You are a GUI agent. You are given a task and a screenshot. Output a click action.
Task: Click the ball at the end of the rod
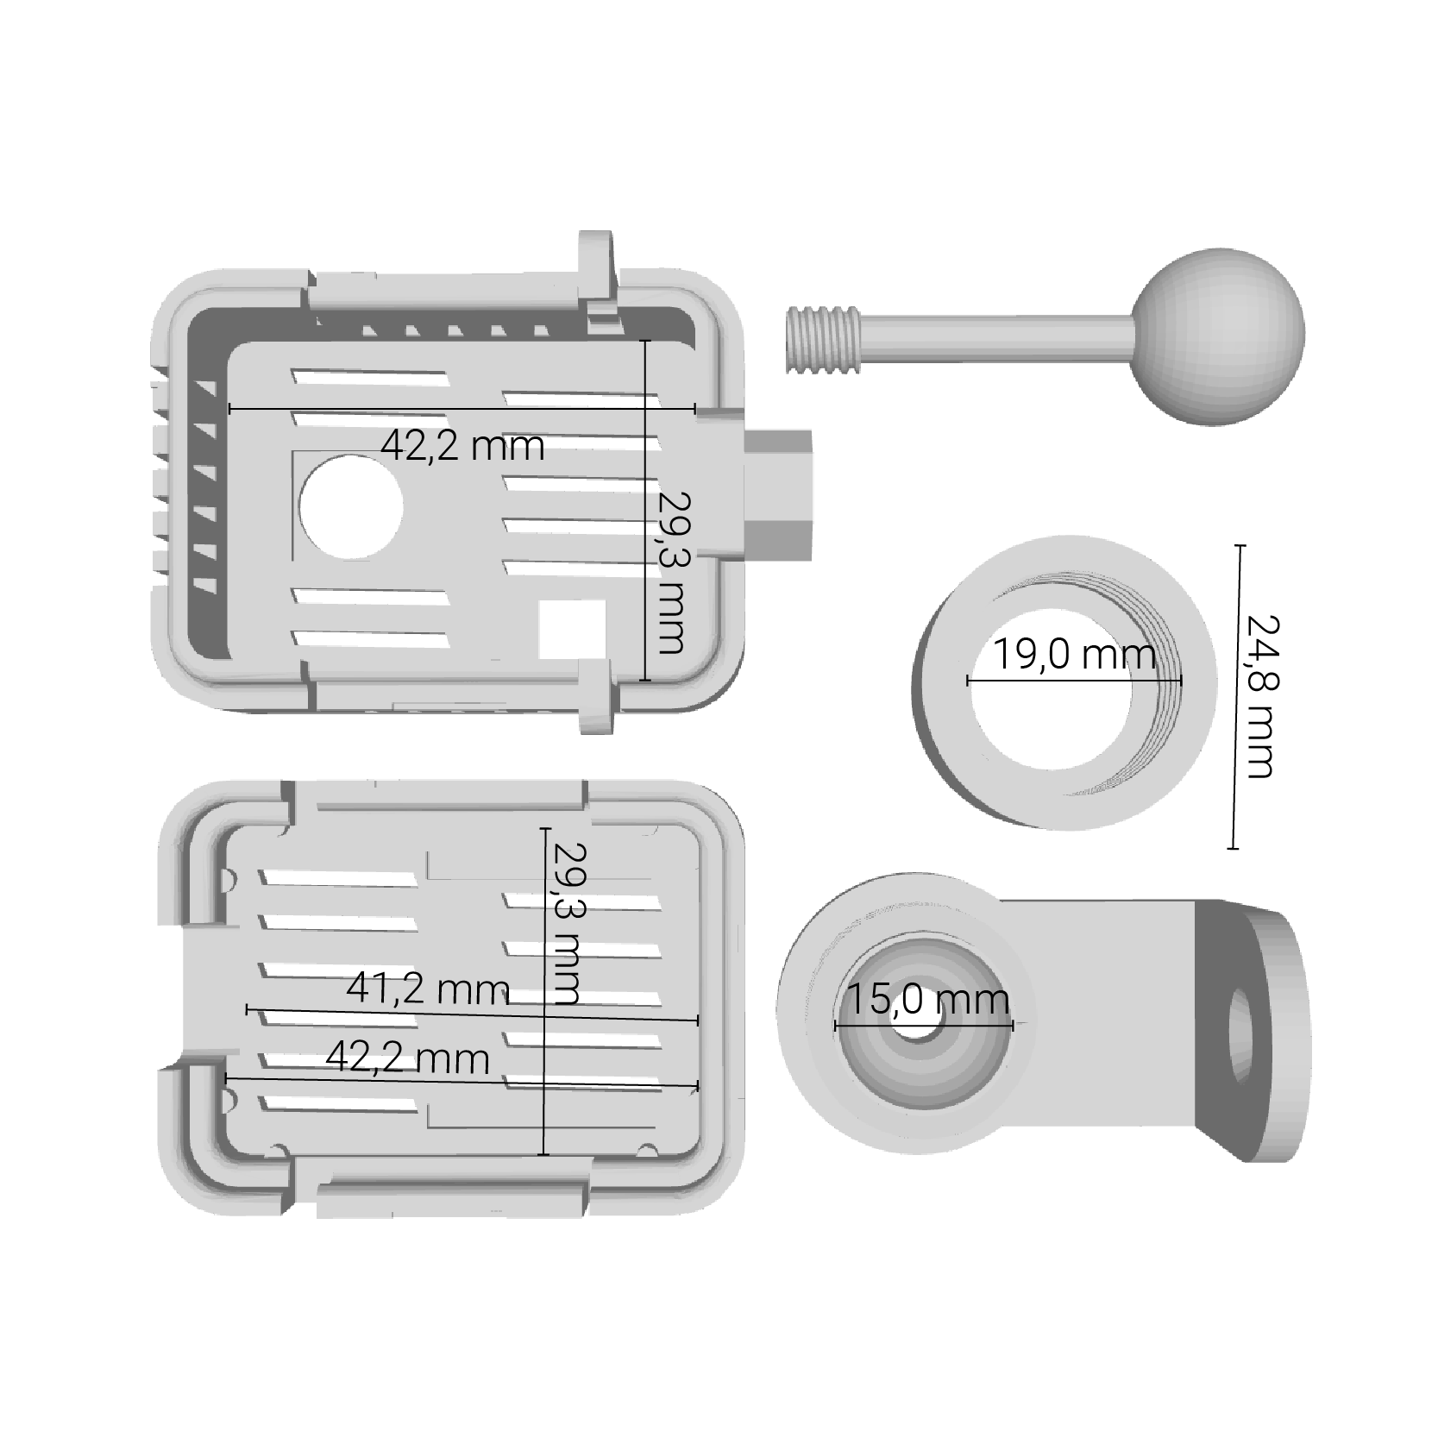[x=1217, y=336]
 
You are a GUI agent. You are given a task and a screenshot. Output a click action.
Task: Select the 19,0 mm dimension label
[x=1074, y=655]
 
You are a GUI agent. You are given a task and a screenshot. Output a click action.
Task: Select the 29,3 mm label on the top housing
[x=670, y=573]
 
